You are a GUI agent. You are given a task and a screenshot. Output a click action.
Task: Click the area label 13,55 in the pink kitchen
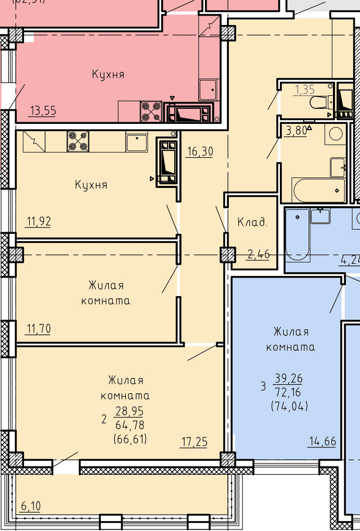pos(43,111)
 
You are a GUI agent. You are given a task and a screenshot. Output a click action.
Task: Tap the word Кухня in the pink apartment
pos(108,74)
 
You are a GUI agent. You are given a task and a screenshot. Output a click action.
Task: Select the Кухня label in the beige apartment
pos(91,185)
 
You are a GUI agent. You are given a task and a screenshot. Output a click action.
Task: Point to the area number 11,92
pos(38,221)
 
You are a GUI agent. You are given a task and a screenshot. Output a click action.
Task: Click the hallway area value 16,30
pos(200,151)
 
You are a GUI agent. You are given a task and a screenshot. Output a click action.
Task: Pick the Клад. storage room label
pos(252,222)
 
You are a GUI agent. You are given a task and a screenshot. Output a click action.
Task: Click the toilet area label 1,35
pos(305,90)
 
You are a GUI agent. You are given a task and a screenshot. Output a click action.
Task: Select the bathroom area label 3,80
pos(297,130)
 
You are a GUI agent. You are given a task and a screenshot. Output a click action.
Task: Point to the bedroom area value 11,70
pos(38,328)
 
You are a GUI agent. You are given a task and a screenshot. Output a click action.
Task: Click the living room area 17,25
pos(194,441)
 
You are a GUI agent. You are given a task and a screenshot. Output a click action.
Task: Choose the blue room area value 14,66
pos(323,441)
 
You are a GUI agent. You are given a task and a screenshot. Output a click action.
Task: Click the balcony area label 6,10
pos(31,506)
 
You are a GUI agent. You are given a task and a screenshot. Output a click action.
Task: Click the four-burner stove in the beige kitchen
pos(78,141)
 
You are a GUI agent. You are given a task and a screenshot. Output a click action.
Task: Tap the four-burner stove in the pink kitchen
pos(151,111)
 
